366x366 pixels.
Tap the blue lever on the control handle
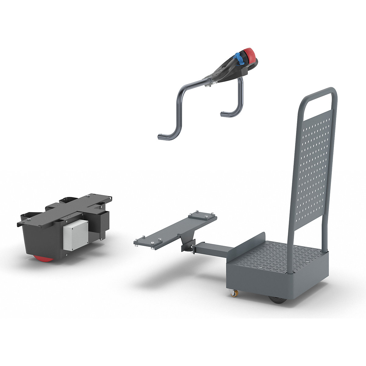[x=238, y=58]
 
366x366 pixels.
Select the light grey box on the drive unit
[x=75, y=235]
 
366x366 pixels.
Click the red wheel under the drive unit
[x=43, y=259]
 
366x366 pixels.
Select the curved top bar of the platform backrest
[x=319, y=90]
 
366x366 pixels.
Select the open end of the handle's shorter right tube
[x=222, y=114]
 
